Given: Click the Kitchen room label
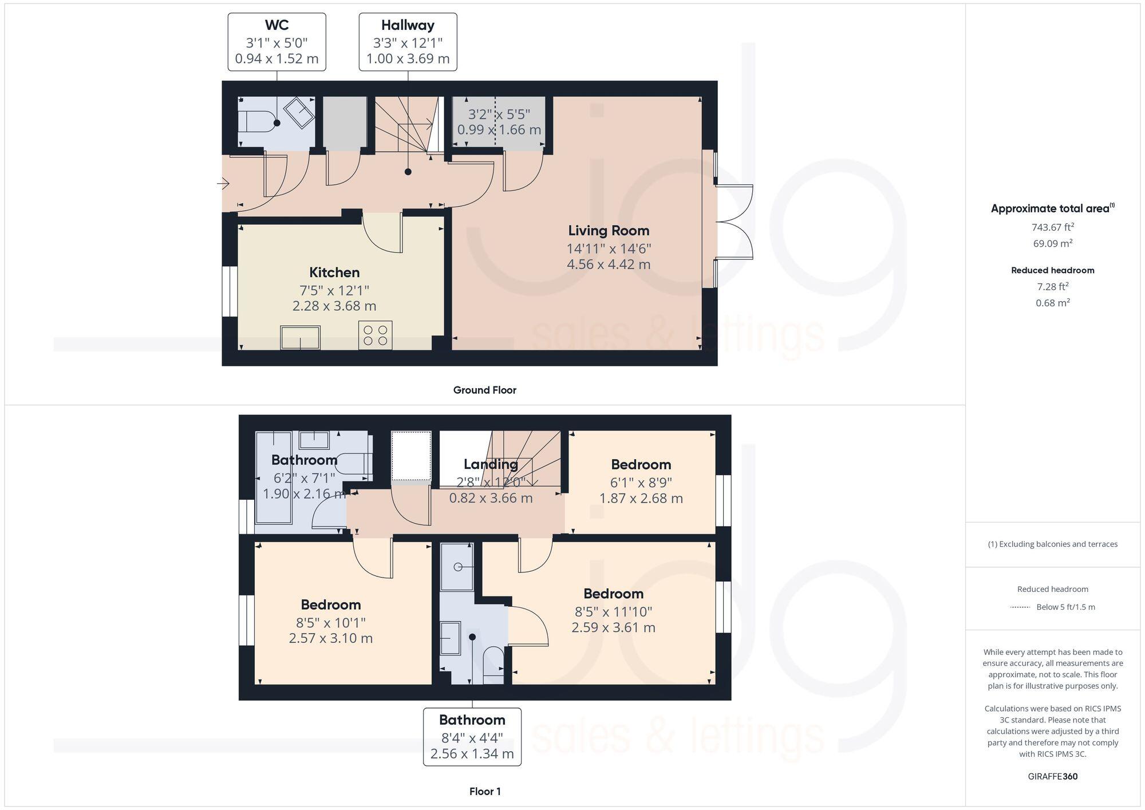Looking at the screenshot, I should click(334, 272).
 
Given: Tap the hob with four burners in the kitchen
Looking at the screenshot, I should click(375, 335).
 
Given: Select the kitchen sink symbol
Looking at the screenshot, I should click(300, 337).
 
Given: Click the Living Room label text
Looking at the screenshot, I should click(609, 231).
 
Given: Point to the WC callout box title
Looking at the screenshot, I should click(277, 25).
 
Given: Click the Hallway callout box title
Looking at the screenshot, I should click(408, 25).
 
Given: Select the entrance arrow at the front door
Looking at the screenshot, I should click(223, 184).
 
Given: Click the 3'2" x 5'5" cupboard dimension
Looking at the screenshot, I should click(499, 114).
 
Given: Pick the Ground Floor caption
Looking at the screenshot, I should click(484, 390).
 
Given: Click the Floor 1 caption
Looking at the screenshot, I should click(484, 792).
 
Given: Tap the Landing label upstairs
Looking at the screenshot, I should click(491, 464).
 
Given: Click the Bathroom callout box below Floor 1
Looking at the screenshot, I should click(472, 737).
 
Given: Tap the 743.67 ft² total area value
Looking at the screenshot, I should click(1052, 227).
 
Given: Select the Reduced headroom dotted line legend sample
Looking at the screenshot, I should click(1020, 607).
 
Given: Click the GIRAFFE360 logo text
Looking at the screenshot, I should click(1052, 777).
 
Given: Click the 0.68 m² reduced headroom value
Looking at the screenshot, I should click(1052, 303).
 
